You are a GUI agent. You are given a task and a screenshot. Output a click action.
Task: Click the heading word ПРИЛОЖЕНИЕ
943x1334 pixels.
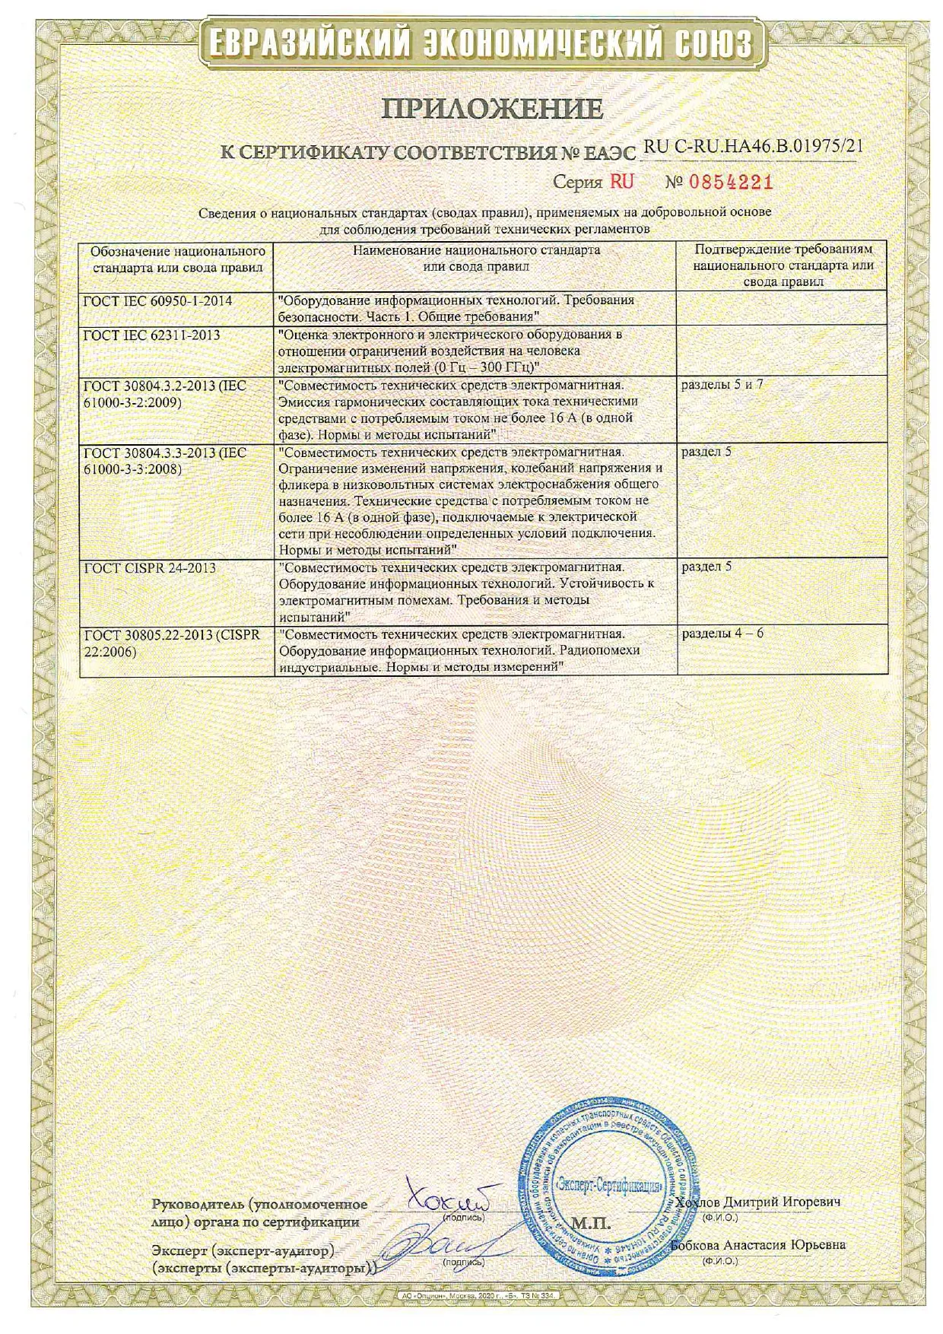click(492, 109)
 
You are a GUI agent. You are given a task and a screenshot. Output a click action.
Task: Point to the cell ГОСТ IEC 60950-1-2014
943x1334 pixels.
click(157, 300)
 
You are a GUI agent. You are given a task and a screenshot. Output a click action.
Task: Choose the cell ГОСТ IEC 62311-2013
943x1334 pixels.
click(151, 334)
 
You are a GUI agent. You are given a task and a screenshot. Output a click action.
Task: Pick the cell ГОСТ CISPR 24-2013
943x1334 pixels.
click(150, 567)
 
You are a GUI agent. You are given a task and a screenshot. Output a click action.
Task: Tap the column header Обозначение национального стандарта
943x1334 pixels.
click(178, 259)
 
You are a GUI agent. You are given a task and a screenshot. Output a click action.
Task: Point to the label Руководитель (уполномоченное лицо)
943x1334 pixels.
click(259, 1213)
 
